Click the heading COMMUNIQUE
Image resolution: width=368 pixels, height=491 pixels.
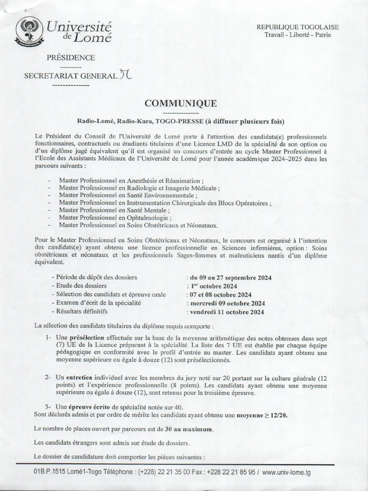pyautogui.click(x=181, y=104)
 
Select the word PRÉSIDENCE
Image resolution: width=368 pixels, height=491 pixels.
pyautogui.click(x=70, y=58)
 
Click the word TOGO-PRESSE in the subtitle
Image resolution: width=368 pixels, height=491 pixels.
pyautogui.click(x=180, y=121)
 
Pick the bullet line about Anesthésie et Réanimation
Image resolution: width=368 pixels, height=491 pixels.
pyautogui.click(x=131, y=181)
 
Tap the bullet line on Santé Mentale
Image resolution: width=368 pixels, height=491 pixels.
pyautogui.click(x=115, y=210)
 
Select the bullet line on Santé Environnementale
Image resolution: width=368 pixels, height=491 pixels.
pyautogui.click(x=128, y=196)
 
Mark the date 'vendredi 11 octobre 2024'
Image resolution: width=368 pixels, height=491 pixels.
pyautogui.click(x=227, y=312)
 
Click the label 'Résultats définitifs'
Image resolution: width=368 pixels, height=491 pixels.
pyautogui.click(x=82, y=312)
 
